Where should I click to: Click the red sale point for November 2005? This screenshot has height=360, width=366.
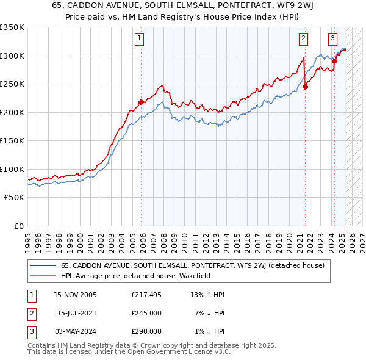click(x=142, y=103)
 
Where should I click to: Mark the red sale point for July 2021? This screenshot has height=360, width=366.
click(x=305, y=87)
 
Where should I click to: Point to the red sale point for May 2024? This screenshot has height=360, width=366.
click(x=334, y=61)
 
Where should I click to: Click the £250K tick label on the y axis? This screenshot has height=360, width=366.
click(x=12, y=84)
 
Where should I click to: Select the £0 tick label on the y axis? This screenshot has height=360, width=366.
click(x=18, y=226)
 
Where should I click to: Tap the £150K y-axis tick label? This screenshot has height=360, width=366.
click(x=12, y=140)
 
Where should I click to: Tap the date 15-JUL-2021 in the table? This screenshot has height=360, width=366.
click(x=76, y=313)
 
